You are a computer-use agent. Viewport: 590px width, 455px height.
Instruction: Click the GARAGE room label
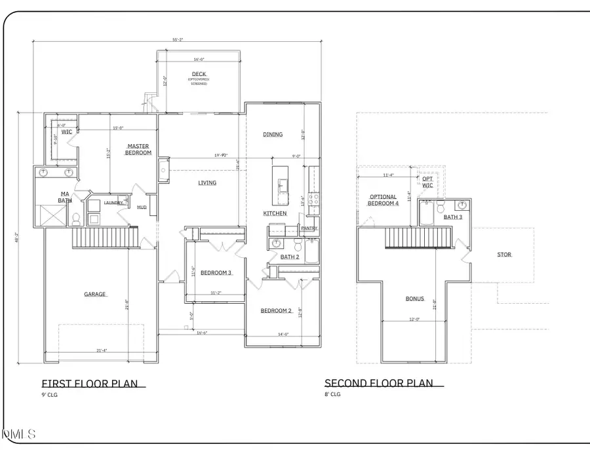click(x=95, y=295)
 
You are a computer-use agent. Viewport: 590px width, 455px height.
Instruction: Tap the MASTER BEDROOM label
click(x=139, y=149)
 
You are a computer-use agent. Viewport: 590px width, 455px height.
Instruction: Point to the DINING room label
click(x=273, y=135)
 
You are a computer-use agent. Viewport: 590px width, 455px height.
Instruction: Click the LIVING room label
click(x=207, y=183)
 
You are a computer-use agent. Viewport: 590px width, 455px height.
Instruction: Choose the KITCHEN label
click(x=275, y=213)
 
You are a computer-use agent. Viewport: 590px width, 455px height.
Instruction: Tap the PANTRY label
click(x=309, y=228)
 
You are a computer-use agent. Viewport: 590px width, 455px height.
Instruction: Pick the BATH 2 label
click(x=290, y=257)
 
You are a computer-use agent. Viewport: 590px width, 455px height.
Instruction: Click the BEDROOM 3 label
click(x=216, y=273)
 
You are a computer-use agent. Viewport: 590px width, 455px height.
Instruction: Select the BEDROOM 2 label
click(x=275, y=310)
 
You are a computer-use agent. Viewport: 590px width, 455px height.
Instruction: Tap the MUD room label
click(x=142, y=208)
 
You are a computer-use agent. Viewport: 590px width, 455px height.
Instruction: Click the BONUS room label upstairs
click(x=414, y=299)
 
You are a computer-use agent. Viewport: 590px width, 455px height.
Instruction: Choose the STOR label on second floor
click(x=504, y=255)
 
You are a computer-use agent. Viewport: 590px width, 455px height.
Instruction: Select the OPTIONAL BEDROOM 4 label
click(x=383, y=200)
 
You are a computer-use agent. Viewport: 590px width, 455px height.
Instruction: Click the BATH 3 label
click(x=453, y=217)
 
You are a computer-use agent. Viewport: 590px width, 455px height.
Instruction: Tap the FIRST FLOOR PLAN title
click(x=90, y=384)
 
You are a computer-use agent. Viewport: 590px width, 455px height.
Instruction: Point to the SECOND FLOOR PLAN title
click(x=379, y=384)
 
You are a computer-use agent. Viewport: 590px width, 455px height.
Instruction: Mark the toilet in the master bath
click(x=76, y=219)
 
